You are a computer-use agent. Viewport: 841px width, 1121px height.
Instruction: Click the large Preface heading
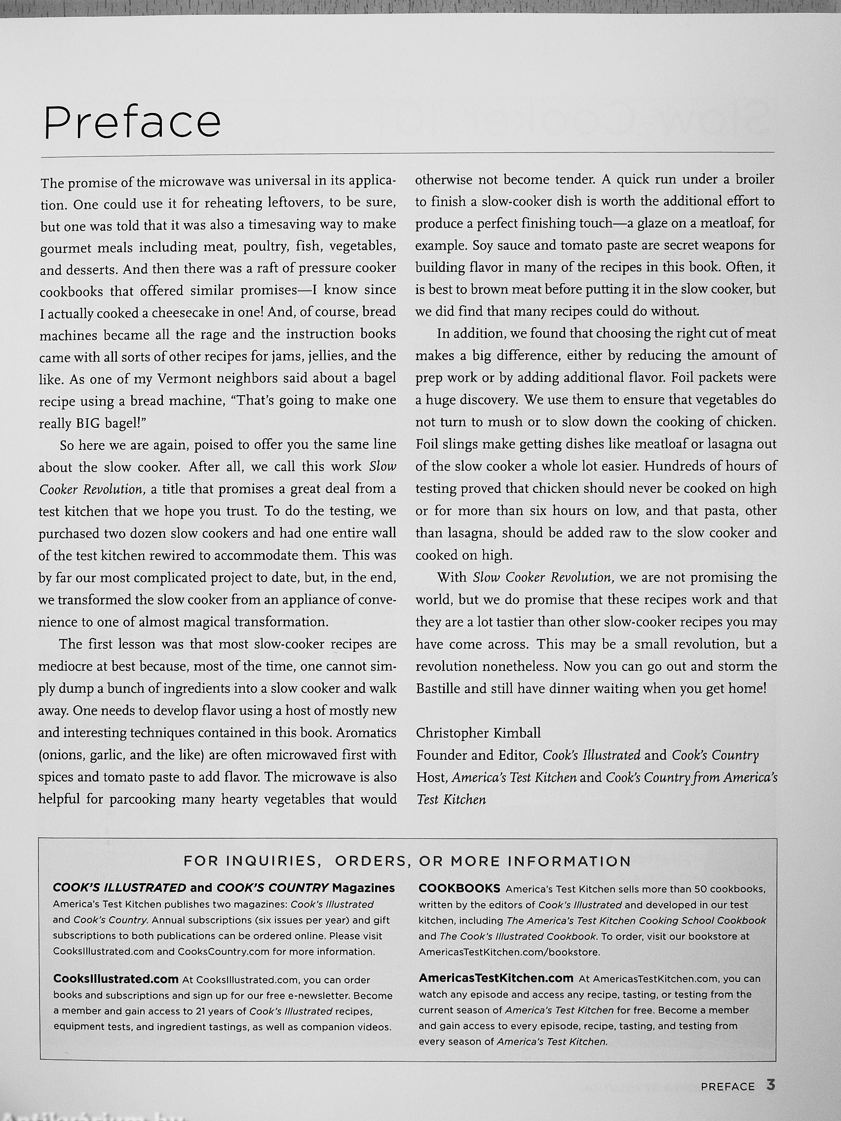tap(132, 123)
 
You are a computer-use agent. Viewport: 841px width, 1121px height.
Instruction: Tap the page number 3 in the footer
tap(771, 1086)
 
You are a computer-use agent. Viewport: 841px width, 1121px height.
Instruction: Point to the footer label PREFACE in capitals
tap(727, 1087)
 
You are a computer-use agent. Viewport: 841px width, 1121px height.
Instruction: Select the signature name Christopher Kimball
tap(478, 733)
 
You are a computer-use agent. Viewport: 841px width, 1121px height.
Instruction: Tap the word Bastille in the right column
tap(439, 688)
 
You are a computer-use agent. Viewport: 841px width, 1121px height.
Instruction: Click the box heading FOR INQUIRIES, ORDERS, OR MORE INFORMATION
tap(407, 861)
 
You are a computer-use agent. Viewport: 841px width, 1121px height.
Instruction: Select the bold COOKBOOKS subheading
tap(459, 889)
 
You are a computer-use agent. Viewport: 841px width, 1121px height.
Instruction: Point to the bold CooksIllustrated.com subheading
tap(115, 979)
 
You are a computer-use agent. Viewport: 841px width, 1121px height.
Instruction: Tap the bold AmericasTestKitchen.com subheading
tap(496, 978)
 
